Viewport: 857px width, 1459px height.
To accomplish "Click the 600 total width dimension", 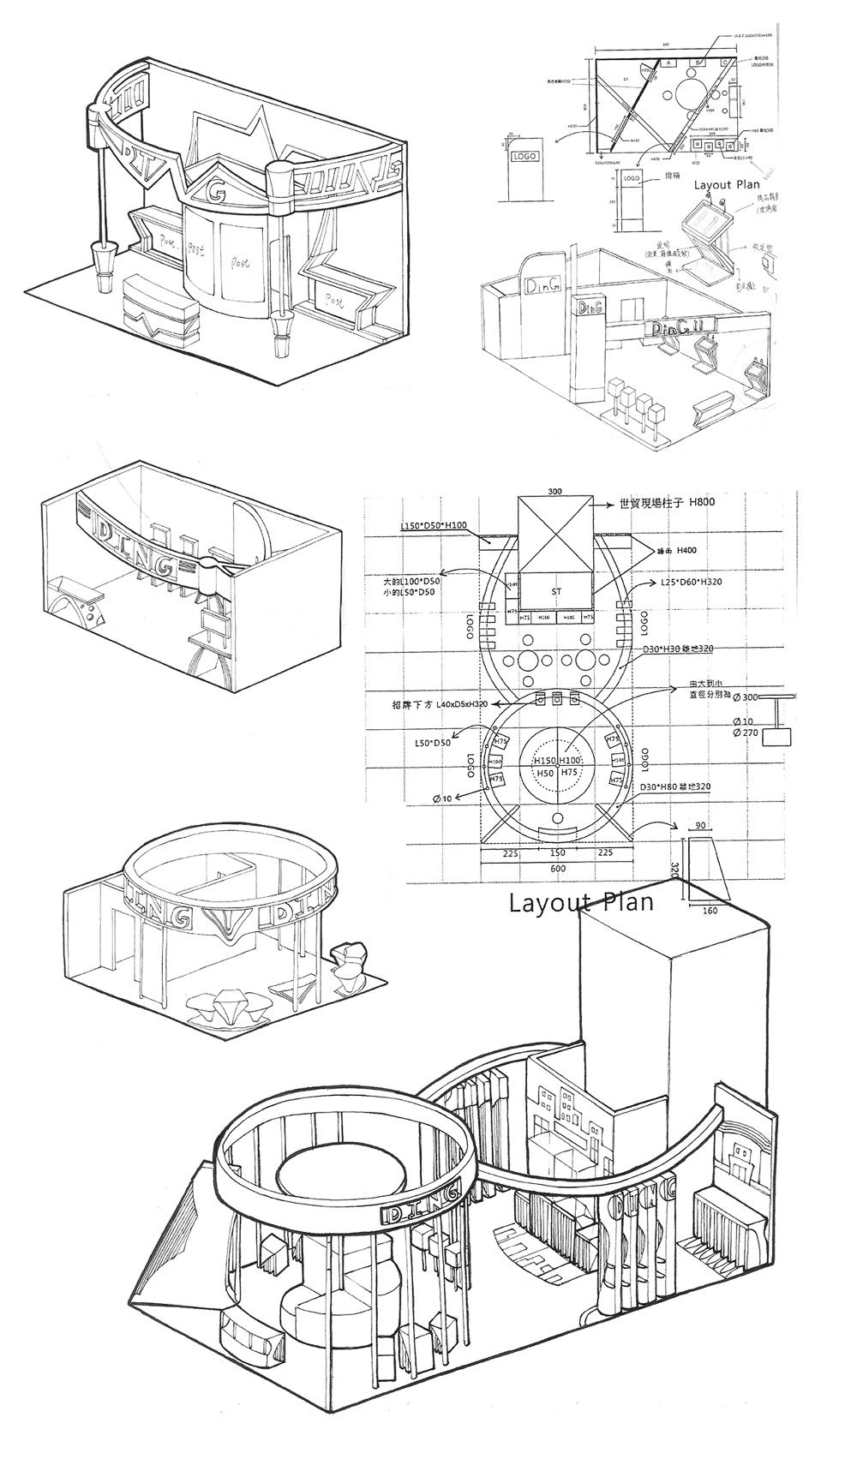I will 558,868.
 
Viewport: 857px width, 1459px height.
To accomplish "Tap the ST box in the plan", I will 554,591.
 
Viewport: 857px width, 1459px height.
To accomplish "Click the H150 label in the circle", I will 545,761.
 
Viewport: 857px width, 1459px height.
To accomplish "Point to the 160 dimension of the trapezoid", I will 709,911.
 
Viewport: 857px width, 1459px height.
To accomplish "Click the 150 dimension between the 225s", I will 557,852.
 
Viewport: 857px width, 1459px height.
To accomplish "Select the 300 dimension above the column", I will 554,492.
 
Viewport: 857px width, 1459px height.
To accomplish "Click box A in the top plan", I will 668,63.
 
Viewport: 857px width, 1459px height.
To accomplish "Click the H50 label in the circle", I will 545,773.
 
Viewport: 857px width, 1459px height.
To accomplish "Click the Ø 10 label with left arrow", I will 443,798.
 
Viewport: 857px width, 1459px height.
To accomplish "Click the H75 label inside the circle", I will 569,773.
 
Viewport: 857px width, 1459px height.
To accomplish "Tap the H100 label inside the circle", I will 571,761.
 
